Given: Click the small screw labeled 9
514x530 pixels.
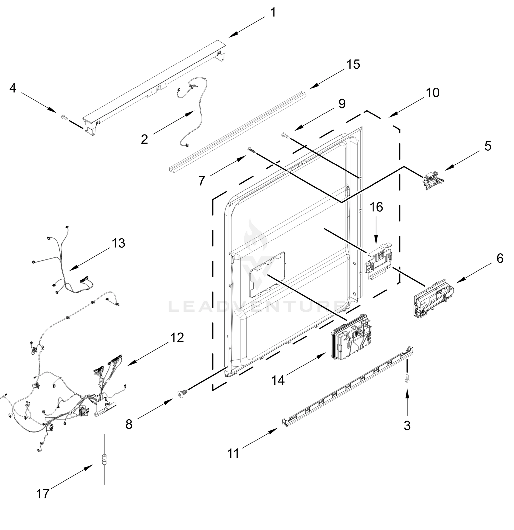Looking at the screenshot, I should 286,135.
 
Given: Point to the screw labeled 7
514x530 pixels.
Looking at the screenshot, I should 251,150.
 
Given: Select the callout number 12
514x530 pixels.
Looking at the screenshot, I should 177,338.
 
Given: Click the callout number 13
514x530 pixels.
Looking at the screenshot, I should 118,243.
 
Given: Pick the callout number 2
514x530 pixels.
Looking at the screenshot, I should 145,139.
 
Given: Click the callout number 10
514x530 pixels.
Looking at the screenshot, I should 432,93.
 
